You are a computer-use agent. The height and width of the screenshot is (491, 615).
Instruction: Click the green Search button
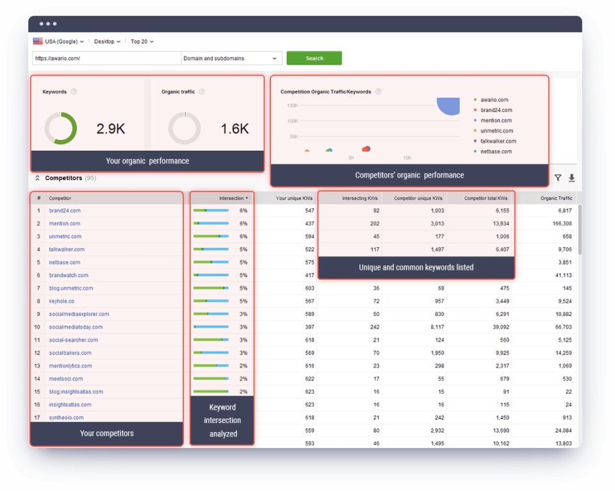pos(314,58)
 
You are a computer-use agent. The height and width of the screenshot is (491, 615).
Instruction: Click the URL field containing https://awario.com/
pos(106,58)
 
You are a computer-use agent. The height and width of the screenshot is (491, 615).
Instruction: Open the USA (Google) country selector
pos(58,42)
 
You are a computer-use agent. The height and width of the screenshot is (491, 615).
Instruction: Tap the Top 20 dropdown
pos(142,42)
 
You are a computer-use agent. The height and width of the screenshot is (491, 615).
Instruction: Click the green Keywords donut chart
pos(61,128)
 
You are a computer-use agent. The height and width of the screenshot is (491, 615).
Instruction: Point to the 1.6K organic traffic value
pos(234,129)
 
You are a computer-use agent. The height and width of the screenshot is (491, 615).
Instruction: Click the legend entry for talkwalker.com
pos(498,141)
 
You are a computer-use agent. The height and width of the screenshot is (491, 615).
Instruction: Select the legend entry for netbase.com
pos(496,151)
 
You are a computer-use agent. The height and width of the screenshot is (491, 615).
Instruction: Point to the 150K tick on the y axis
pos(292,106)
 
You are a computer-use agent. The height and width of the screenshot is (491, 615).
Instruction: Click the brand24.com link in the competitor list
pos(65,211)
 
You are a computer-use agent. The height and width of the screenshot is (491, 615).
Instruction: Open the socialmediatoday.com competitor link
pos(76,327)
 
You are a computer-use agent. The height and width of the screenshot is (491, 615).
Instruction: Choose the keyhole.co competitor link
pos(61,301)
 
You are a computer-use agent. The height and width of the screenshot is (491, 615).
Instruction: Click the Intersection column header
pos(232,199)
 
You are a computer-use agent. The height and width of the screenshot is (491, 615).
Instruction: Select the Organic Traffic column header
pos(556,199)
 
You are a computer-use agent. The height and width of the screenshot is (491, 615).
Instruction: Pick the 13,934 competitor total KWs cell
pos(496,224)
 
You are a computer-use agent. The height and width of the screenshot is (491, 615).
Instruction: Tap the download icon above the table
pos(571,178)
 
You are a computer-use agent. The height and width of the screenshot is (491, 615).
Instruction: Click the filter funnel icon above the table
pos(558,178)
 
